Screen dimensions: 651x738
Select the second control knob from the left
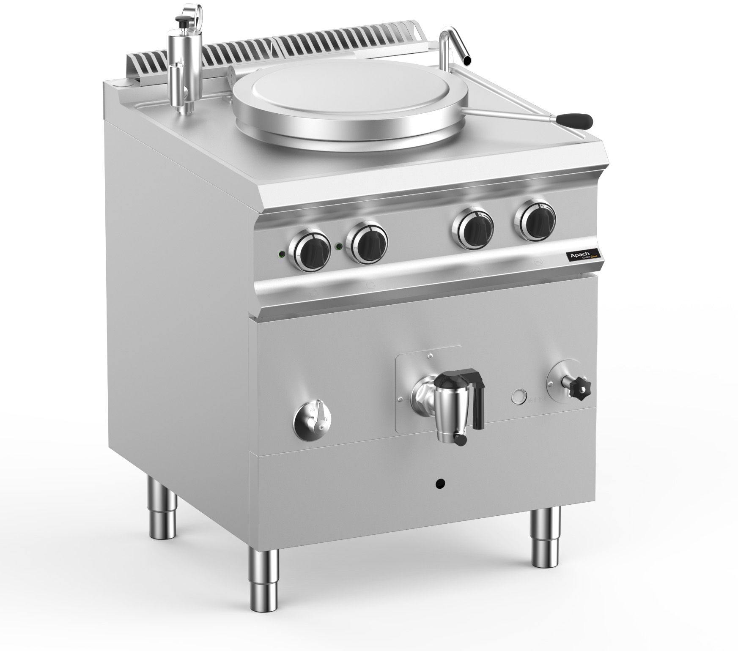click(367, 242)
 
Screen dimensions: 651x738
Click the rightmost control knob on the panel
click(535, 218)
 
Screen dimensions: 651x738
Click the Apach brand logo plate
click(583, 257)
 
